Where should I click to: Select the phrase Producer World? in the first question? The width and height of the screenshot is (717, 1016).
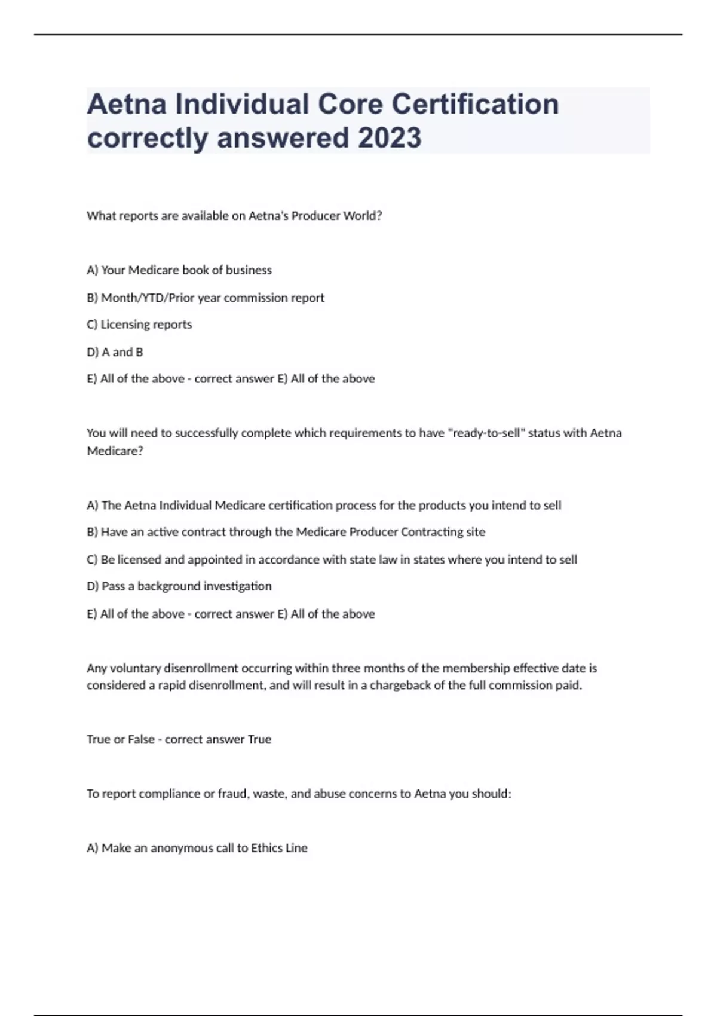(x=336, y=216)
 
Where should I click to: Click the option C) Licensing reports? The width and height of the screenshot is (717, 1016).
(x=139, y=325)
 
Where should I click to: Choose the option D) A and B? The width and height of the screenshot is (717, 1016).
(x=115, y=352)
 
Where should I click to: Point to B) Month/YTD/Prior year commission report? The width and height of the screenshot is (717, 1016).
(x=206, y=298)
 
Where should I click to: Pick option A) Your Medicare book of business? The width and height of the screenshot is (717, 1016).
(x=179, y=270)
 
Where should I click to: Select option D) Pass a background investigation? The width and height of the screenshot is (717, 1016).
(x=179, y=586)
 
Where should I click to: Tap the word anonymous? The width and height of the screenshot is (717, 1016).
(x=179, y=848)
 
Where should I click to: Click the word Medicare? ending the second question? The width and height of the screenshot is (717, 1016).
(x=115, y=451)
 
